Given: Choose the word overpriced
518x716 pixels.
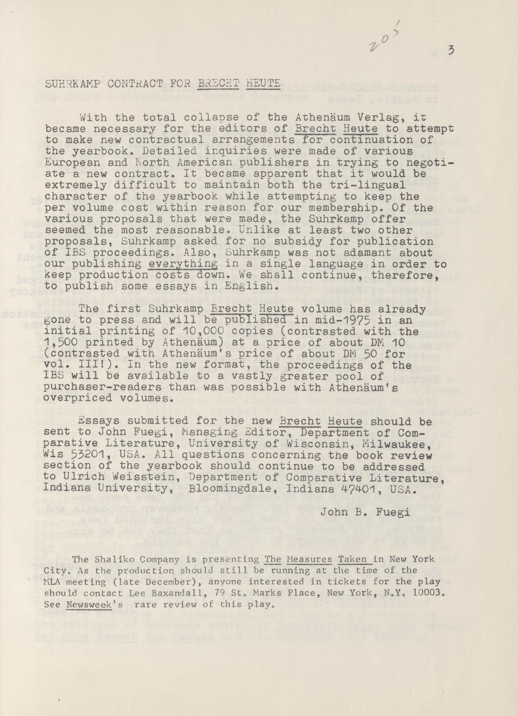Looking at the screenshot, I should pos(78,399).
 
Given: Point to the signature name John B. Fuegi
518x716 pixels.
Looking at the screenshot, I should pos(365,513).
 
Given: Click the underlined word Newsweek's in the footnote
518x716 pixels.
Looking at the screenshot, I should pos(95,604).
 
